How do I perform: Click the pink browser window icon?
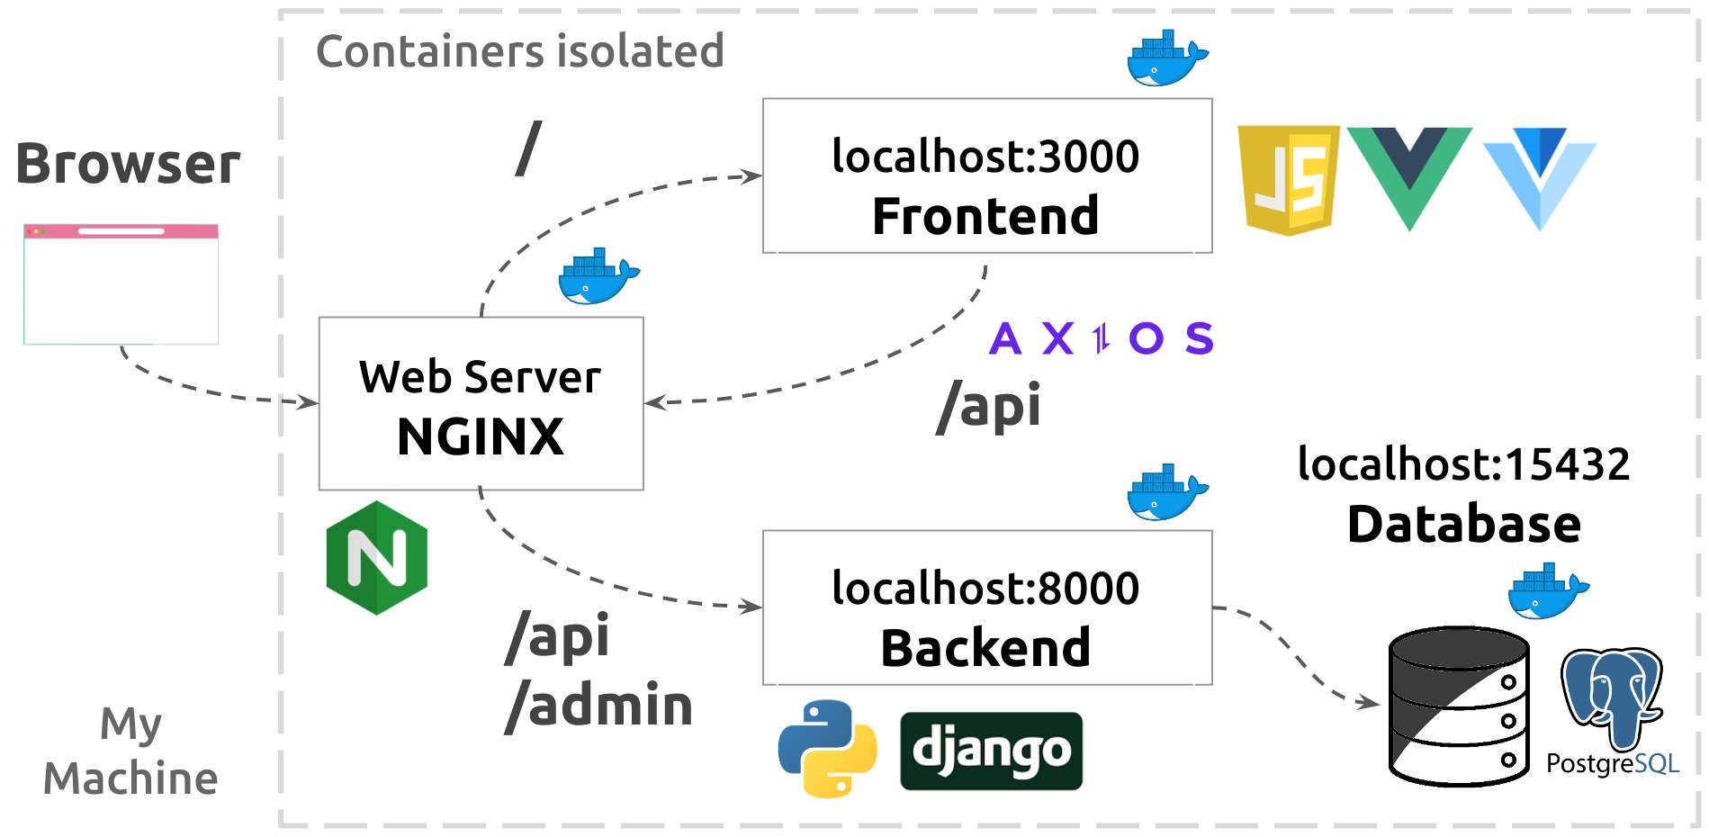pyautogui.click(x=121, y=284)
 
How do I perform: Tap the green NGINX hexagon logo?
pyautogui.click(x=376, y=558)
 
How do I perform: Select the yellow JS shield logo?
pyautogui.click(x=1288, y=180)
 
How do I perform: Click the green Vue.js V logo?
pyautogui.click(x=1408, y=175)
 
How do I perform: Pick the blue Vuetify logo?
pyautogui.click(x=1540, y=175)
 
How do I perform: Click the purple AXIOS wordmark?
pyautogui.click(x=1101, y=339)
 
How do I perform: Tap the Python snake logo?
pyautogui.click(x=827, y=748)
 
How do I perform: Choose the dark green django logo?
pyautogui.click(x=991, y=751)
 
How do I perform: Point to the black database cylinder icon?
pyautogui.click(x=1458, y=706)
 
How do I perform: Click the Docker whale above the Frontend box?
pyautogui.click(x=1166, y=58)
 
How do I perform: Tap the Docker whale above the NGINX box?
pyautogui.click(x=598, y=276)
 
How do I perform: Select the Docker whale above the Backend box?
pyautogui.click(x=1166, y=492)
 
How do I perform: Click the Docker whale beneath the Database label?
pyautogui.click(x=1547, y=591)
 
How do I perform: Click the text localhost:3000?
pyautogui.click(x=985, y=156)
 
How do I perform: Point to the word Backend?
pyautogui.click(x=985, y=648)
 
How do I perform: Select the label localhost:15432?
pyautogui.click(x=1463, y=464)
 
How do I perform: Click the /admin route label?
pyautogui.click(x=599, y=706)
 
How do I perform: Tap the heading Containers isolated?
pyautogui.click(x=520, y=51)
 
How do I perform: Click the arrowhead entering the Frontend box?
pyautogui.click(x=752, y=175)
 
